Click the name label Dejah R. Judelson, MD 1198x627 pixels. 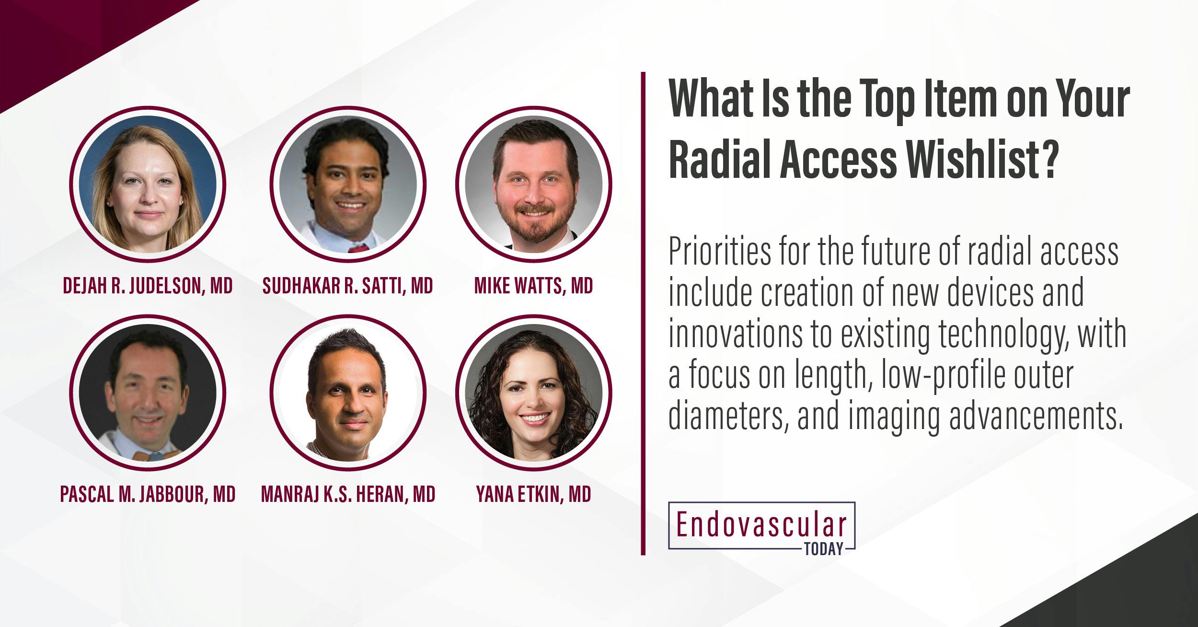coord(148,286)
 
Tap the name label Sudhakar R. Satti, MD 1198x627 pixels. coord(347,286)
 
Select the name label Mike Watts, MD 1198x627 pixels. coord(533,286)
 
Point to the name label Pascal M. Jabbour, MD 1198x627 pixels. coord(148,494)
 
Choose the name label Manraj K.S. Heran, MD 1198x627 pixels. coord(348,494)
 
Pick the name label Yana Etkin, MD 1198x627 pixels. coord(533,494)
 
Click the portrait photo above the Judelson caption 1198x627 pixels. coord(148,185)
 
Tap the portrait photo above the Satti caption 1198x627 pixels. coord(348,185)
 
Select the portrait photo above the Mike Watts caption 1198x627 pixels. coord(533,185)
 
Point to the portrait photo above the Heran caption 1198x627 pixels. coord(348,393)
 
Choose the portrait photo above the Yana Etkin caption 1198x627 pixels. coord(533,393)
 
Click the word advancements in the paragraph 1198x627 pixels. coord(1035,417)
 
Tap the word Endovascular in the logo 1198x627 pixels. coord(761,525)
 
